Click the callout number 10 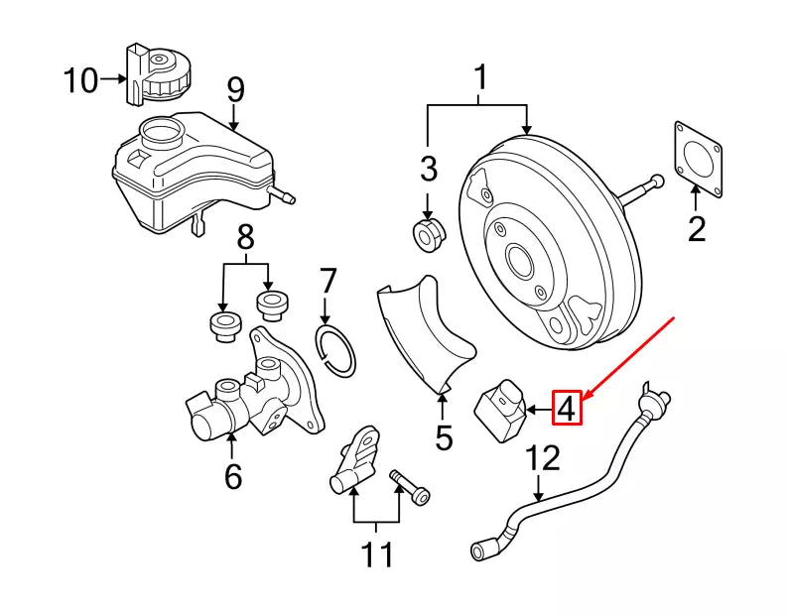click(x=81, y=79)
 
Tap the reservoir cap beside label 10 click(x=159, y=72)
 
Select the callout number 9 click(x=234, y=89)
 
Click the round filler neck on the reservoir click(x=161, y=132)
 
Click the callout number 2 click(x=697, y=229)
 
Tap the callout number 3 click(x=428, y=170)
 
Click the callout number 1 click(x=480, y=75)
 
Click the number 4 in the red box click(x=566, y=408)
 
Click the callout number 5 click(x=443, y=436)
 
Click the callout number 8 click(x=245, y=239)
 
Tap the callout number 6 click(x=232, y=477)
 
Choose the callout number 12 click(x=543, y=458)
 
